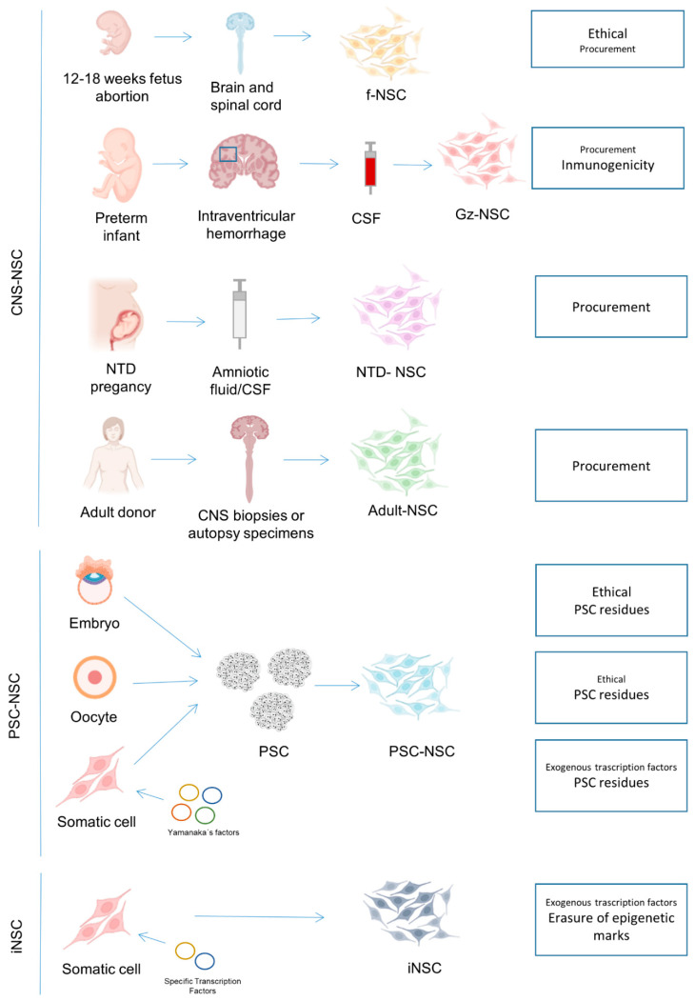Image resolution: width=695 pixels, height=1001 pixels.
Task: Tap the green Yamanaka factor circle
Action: pyautogui.click(x=205, y=815)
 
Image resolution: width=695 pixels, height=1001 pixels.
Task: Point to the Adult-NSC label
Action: pyautogui.click(x=402, y=511)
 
